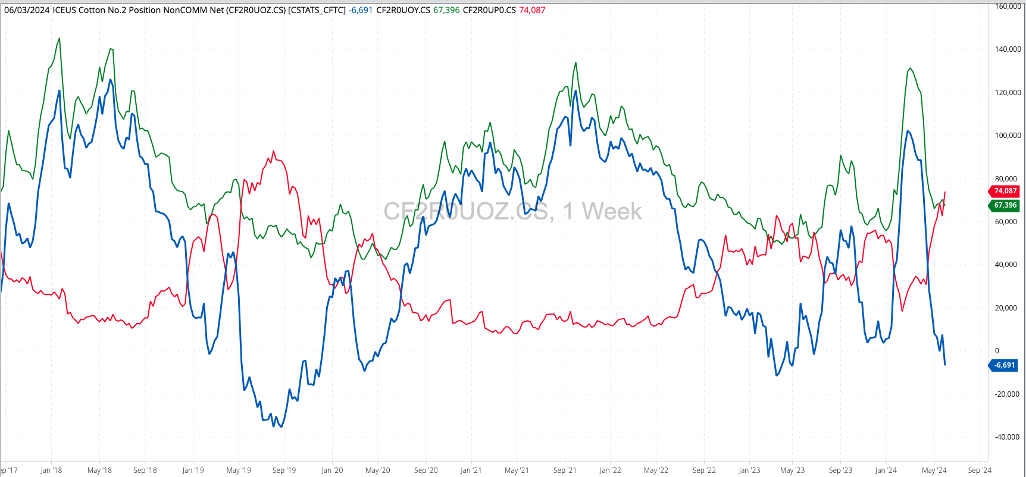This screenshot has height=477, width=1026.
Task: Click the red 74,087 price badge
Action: [1005, 191]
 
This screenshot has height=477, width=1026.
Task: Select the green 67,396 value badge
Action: [1005, 205]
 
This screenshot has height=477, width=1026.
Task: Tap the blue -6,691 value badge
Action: [1005, 365]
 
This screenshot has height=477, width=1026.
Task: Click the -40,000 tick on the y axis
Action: [1007, 437]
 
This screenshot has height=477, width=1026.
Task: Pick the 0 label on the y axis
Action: [997, 351]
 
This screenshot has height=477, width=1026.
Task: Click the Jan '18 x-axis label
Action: [51, 470]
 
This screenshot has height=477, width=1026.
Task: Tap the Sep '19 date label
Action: [284, 470]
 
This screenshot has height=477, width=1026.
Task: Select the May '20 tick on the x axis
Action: [377, 470]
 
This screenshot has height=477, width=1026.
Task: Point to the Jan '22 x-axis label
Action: [610, 470]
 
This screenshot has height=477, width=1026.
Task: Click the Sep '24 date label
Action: [980, 470]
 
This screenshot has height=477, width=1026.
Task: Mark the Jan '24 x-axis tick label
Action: [886, 470]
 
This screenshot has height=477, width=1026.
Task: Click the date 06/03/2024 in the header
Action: [27, 10]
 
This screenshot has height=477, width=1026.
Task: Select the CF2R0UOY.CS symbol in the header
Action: [403, 10]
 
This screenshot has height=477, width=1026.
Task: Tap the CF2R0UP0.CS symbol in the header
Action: [489, 10]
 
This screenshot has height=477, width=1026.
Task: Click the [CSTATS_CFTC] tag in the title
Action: [317, 10]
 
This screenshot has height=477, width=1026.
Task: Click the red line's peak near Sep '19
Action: [274, 151]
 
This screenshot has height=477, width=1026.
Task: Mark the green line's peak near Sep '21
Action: [575, 62]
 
